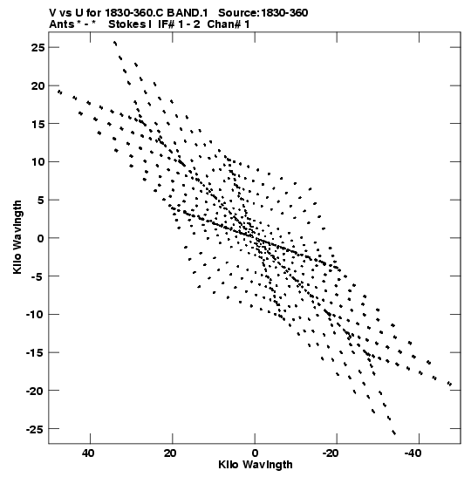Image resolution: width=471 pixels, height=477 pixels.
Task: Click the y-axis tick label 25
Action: (38, 47)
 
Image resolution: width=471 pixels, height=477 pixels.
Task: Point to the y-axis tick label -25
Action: (35, 429)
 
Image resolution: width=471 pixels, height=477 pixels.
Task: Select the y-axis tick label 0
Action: (41, 238)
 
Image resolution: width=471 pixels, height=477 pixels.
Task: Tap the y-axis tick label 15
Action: (38, 124)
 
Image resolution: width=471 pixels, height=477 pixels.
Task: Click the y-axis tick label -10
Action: (35, 315)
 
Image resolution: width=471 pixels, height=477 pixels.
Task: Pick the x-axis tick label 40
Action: (88, 453)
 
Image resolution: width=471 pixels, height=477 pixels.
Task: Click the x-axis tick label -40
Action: (413, 453)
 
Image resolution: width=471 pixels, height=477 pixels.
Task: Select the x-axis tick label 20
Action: (170, 453)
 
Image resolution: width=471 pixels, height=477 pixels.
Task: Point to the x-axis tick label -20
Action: (331, 453)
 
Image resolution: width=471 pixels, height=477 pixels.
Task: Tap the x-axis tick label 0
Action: (255, 453)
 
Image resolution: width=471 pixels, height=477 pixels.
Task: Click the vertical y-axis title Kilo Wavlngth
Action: (17, 237)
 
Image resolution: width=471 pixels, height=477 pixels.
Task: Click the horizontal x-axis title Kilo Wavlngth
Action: (256, 465)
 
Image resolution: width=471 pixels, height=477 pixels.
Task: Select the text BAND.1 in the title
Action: (188, 13)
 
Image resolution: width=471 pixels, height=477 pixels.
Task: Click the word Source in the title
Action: (238, 13)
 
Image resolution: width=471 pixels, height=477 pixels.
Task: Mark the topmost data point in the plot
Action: (115, 44)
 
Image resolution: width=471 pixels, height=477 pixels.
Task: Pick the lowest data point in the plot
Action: (394, 433)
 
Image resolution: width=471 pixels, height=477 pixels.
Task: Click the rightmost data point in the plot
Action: (450, 384)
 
